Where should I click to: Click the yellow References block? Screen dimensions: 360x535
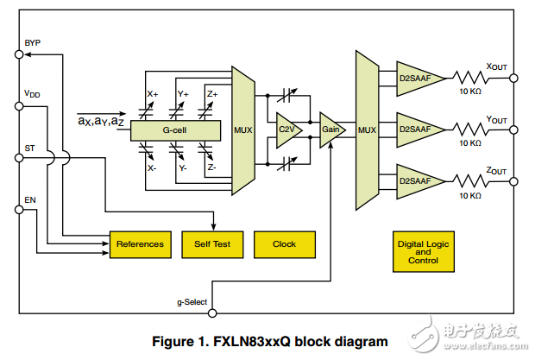coord(140,243)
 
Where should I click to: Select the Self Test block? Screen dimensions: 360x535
coord(212,243)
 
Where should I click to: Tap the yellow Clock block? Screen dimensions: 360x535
coord(284,243)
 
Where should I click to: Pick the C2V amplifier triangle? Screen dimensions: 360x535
coord(286,129)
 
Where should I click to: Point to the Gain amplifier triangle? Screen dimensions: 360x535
coord(330,129)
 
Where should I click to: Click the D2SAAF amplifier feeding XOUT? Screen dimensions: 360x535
coord(418,78)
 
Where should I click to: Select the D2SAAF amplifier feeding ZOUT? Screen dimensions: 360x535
coord(418,181)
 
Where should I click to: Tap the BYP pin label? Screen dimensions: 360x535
coord(33,43)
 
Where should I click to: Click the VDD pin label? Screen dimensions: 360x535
coord(32,94)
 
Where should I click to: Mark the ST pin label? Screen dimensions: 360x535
coord(30,148)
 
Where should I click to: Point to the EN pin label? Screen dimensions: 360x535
coord(30,199)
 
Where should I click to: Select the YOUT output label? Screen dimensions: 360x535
coord(498,118)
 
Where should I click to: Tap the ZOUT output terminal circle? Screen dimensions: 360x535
coord(514,181)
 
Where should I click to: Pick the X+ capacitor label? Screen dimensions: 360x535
coord(153,93)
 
